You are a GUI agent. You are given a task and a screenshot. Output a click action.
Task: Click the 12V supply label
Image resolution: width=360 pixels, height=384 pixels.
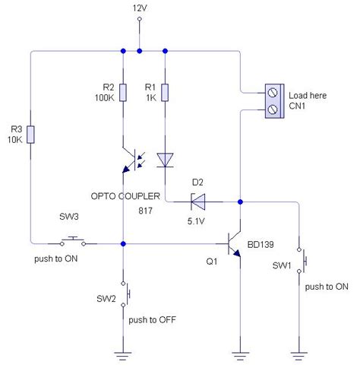[x=139, y=8]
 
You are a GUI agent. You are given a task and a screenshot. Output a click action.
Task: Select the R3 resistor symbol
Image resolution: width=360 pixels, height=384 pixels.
[x=31, y=134]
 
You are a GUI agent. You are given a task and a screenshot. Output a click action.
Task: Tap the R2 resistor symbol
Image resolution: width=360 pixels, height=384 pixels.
[x=122, y=94]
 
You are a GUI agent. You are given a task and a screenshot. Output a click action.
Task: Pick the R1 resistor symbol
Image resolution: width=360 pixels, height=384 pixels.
[x=165, y=94]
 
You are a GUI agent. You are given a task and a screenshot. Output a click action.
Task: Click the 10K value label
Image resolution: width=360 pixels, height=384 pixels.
[x=13, y=139]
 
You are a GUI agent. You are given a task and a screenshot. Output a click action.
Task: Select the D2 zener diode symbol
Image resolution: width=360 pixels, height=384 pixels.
[x=198, y=202]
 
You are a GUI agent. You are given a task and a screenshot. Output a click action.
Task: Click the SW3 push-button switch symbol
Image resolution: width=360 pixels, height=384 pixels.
[x=73, y=242]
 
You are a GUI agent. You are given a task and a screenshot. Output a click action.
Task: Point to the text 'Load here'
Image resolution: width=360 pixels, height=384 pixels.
[x=308, y=97]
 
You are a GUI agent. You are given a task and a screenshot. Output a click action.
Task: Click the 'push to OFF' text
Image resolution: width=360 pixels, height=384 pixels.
[x=153, y=320]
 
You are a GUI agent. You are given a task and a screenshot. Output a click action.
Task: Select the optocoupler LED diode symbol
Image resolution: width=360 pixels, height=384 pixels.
[x=165, y=160]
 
